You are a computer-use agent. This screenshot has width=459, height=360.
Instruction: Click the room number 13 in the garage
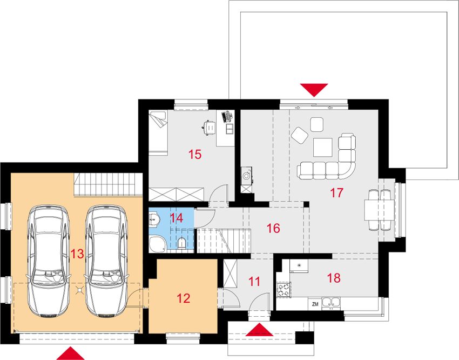pos(77,254)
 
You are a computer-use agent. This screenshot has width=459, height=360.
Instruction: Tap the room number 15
pos(195,154)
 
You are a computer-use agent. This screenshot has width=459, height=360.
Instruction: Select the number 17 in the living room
pos(336,193)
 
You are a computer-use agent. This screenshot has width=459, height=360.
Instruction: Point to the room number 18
pos(334,278)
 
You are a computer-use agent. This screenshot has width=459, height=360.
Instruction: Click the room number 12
pos(184,298)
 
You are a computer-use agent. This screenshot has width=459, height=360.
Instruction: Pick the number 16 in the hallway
pos(273,228)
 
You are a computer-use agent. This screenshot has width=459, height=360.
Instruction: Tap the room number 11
pos(254,282)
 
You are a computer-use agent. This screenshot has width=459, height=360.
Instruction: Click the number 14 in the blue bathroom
pos(177,218)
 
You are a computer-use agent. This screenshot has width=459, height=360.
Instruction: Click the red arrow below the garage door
pos(70,354)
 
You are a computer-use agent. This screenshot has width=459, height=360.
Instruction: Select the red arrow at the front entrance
pos(259,330)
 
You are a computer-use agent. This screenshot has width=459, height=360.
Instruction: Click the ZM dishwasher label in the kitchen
pos(315,304)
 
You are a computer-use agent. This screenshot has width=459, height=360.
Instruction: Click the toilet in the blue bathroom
pos(181,243)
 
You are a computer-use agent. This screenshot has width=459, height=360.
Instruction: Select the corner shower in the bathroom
pos(158,244)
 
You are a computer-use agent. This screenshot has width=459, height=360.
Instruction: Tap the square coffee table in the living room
pos(323,148)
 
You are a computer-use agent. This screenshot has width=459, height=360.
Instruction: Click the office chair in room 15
pos(210,127)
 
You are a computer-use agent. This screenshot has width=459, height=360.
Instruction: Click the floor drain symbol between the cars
pos(79,290)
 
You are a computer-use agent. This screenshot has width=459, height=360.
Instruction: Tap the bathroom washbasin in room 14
pos(154,219)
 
